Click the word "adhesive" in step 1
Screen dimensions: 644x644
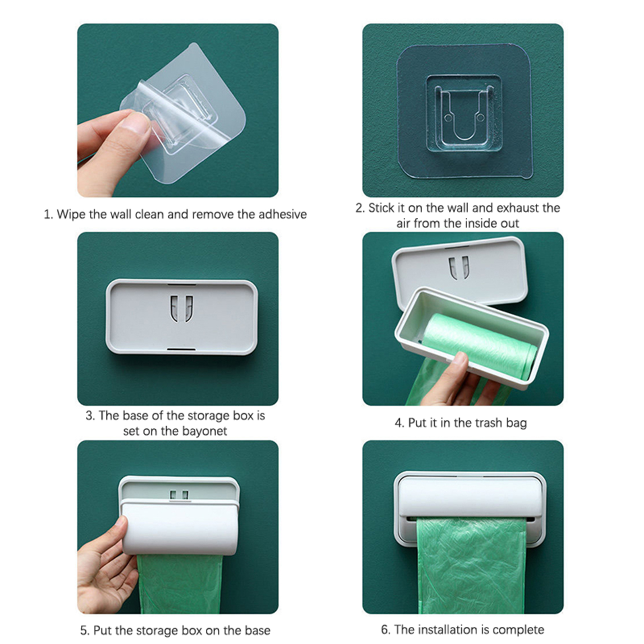click(x=283, y=214)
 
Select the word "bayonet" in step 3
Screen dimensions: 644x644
click(x=205, y=431)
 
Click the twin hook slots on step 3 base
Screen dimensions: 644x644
click(x=182, y=309)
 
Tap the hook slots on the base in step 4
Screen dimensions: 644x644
click(x=459, y=267)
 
